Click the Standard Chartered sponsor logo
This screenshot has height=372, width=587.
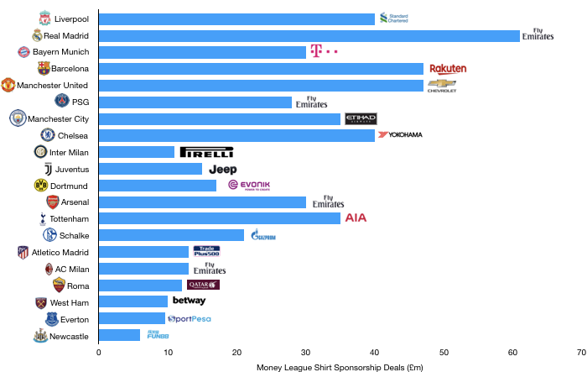click(x=393, y=18)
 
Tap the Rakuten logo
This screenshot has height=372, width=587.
click(x=448, y=69)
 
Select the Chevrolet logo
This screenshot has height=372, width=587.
click(x=442, y=86)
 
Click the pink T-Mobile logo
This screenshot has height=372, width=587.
click(x=324, y=51)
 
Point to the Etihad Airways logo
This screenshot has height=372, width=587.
click(x=361, y=118)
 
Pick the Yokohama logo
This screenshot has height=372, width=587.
click(x=403, y=134)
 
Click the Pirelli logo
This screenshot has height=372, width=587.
click(x=206, y=152)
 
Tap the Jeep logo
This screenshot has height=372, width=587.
click(x=222, y=169)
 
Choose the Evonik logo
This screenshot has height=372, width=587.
click(x=248, y=185)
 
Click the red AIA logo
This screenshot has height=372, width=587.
click(x=356, y=217)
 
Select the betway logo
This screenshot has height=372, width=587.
click(x=190, y=301)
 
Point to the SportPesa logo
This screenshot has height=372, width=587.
click(x=190, y=318)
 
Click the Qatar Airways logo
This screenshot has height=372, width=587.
click(x=203, y=285)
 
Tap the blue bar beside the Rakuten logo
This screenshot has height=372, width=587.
click(x=261, y=69)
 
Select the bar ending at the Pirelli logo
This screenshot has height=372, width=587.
click(x=137, y=152)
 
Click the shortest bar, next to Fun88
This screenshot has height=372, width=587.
click(x=119, y=335)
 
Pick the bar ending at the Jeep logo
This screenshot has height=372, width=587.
click(x=150, y=169)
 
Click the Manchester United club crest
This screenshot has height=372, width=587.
click(x=8, y=85)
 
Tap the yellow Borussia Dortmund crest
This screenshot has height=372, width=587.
click(x=41, y=185)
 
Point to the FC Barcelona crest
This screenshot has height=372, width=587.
click(x=44, y=68)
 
